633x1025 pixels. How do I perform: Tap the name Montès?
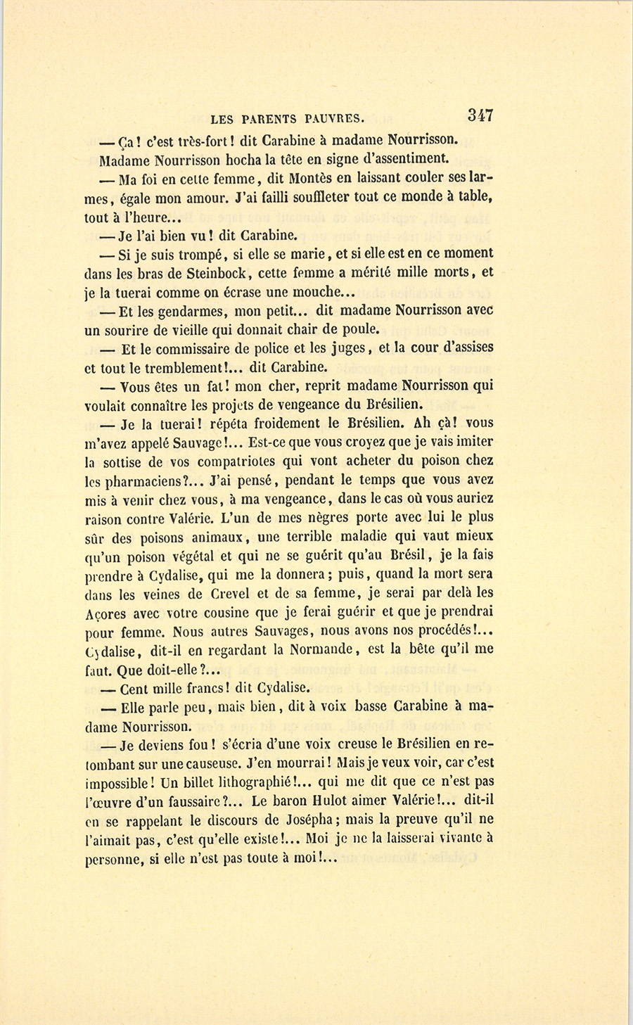click(x=309, y=179)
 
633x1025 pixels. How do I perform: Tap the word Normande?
click(x=324, y=650)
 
